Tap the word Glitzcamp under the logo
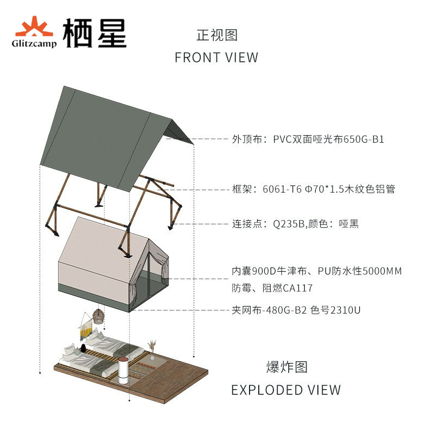tap(33, 43)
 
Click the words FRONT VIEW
tap(216, 58)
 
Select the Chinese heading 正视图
tap(216, 35)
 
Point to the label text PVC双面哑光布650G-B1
tap(329, 139)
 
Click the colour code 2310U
tap(345, 310)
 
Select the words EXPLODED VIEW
tap(286, 390)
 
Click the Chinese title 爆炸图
tap(287, 367)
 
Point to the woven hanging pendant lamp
tap(98, 317)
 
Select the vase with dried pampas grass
tap(152, 350)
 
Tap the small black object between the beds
tap(84, 347)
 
